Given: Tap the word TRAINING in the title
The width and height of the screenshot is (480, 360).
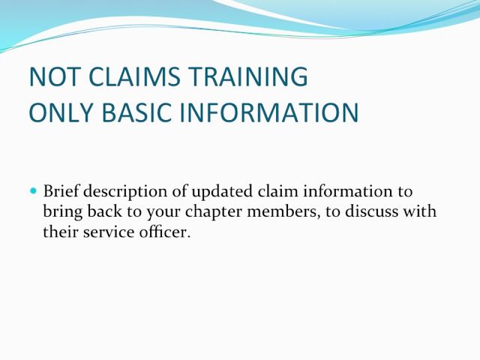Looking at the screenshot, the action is coord(247,76).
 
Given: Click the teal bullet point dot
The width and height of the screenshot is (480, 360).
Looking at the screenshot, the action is coord(34,191).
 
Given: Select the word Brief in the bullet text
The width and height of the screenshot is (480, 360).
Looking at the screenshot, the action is coord(61,191).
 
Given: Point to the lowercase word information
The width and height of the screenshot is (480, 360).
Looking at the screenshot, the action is coord(348,191).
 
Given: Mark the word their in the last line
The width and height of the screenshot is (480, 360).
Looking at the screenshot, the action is coord(61,232).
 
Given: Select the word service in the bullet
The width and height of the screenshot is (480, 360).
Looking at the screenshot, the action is coord(109,232).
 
